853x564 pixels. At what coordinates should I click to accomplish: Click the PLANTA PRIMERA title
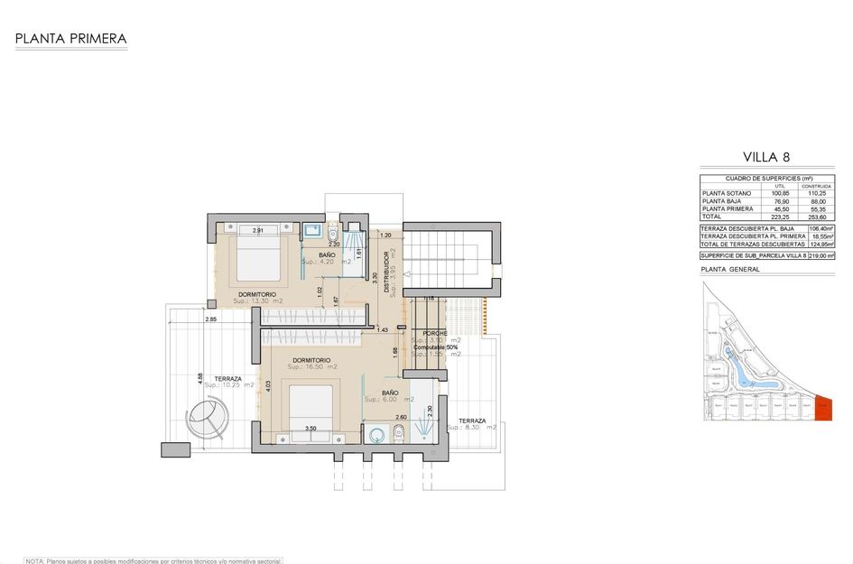tap(70, 39)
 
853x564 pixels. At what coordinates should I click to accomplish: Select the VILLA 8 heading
tap(766, 156)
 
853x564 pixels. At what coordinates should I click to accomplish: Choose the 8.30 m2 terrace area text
tap(477, 428)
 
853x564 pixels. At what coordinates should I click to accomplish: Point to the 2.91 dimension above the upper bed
tap(258, 231)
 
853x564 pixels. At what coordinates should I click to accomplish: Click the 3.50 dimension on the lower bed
tap(311, 429)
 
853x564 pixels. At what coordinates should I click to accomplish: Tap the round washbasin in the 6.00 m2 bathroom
tap(376, 435)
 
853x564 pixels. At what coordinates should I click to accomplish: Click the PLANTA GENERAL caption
tap(729, 270)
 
